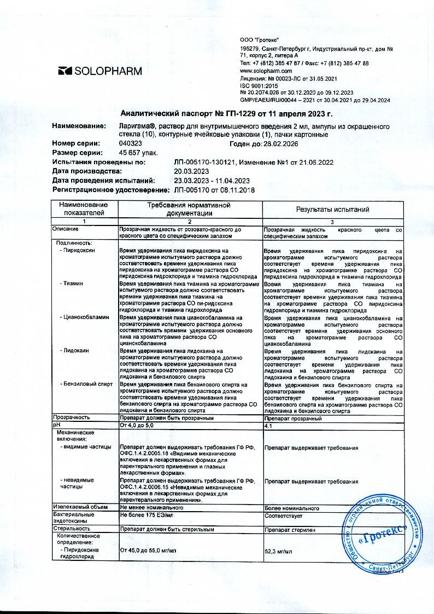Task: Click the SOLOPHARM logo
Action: pyautogui.click(x=100, y=71)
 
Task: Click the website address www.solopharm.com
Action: pyautogui.click(x=266, y=71)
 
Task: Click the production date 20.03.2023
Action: pyautogui.click(x=191, y=171)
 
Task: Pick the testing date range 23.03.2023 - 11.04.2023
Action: pyautogui.click(x=212, y=181)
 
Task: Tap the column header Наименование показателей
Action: pyautogui.click(x=85, y=210)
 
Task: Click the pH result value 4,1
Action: pyautogui.click(x=268, y=425)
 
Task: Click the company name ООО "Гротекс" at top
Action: pyautogui.click(x=260, y=41)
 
